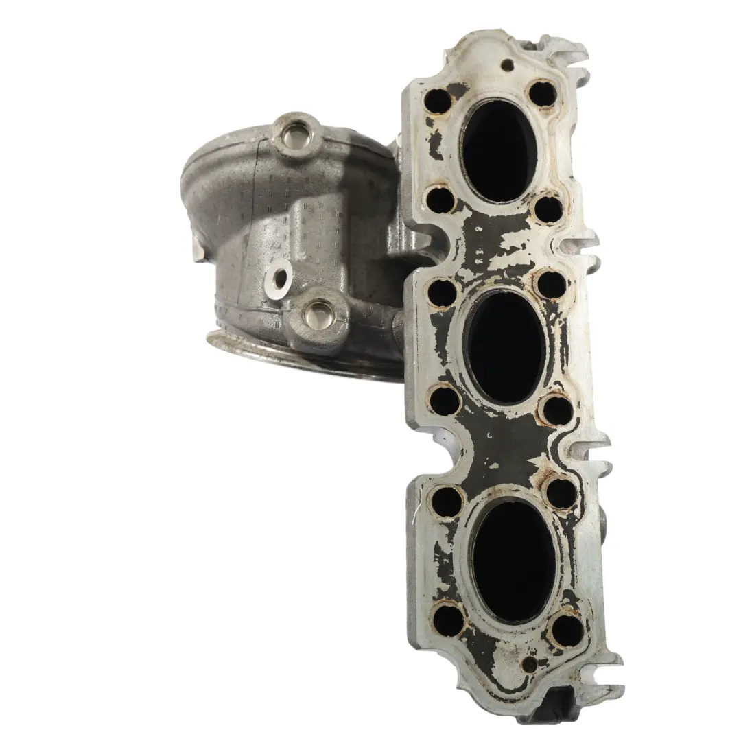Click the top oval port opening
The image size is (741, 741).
[499, 151]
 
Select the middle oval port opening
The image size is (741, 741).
[505, 347]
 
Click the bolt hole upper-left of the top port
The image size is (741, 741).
[437, 102]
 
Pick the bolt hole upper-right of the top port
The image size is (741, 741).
[542, 93]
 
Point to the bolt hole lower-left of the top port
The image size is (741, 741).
[440, 200]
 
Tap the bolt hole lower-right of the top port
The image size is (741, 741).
[549, 209]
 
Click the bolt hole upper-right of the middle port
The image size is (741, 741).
[552, 285]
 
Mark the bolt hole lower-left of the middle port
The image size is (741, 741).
[444, 400]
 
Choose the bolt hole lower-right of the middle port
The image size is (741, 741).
[556, 410]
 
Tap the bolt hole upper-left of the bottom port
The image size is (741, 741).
[447, 502]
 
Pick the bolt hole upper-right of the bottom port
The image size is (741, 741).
[561, 493]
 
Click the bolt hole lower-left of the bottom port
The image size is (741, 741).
[449, 620]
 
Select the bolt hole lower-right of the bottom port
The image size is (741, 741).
[568, 630]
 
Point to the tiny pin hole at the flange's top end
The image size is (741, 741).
[507, 65]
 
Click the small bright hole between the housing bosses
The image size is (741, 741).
[281, 277]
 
